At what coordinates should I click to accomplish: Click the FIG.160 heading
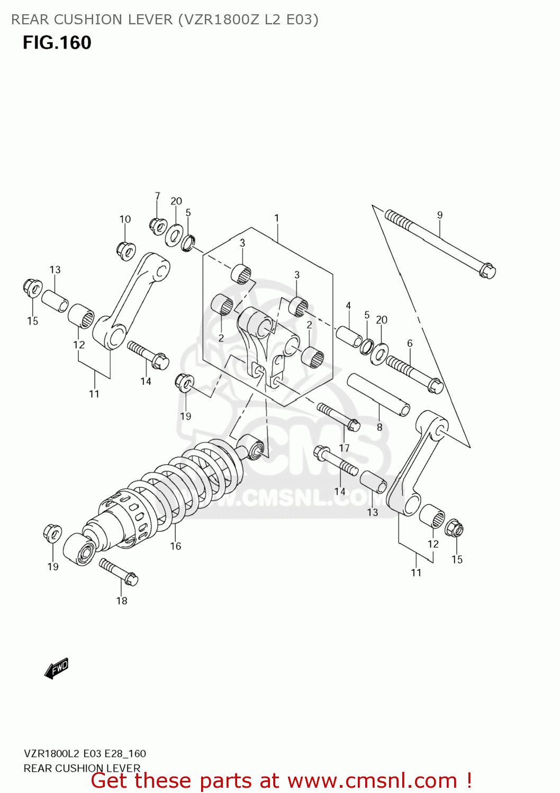[x=57, y=42]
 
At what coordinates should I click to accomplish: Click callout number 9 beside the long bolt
[x=439, y=215]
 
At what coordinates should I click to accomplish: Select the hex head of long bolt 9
[x=487, y=271]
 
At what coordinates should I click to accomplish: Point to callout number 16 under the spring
[x=175, y=546]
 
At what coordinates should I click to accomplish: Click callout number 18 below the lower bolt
[x=122, y=601]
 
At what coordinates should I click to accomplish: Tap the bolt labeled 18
[x=119, y=572]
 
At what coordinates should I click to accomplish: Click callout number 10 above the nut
[x=125, y=219]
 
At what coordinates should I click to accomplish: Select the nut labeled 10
[x=126, y=250]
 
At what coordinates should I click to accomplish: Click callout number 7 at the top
[x=157, y=196]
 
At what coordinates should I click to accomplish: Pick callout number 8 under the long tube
[x=379, y=427]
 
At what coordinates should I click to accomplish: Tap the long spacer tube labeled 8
[x=378, y=394]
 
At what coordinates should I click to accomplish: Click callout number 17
[x=344, y=448]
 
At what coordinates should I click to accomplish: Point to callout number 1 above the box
[x=276, y=218]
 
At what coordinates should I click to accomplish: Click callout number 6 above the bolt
[x=410, y=343]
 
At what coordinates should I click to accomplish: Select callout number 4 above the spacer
[x=348, y=306]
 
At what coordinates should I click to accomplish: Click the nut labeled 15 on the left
[x=32, y=288]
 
